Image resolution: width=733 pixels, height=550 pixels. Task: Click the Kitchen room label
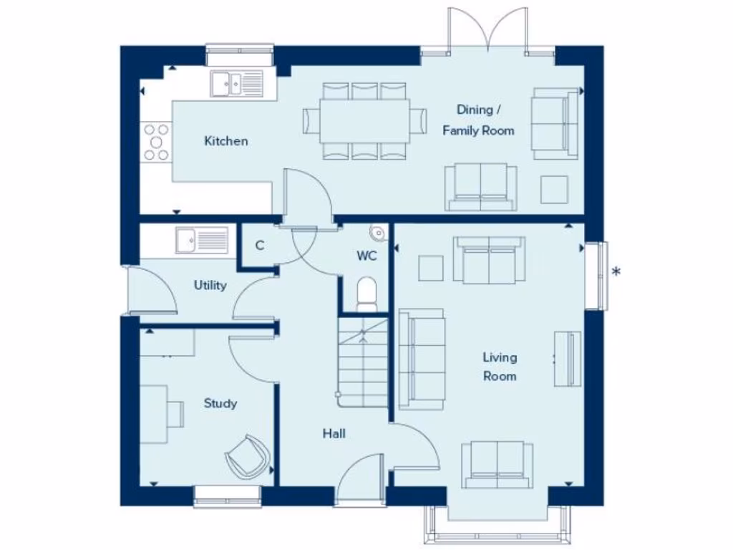point(226,141)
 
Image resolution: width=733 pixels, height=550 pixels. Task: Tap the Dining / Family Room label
point(477,120)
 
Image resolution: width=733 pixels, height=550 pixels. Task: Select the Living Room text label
point(499,367)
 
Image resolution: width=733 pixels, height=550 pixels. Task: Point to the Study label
point(220,403)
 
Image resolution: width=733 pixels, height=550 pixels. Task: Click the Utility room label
point(210,285)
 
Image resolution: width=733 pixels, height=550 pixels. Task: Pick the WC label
point(367,255)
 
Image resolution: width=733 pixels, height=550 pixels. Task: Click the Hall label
point(334,433)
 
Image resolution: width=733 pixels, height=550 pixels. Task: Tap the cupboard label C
point(259,246)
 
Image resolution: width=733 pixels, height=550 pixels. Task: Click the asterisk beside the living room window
point(616,271)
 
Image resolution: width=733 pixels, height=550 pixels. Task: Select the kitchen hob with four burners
point(157,142)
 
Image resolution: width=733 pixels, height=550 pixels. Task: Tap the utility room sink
point(202,240)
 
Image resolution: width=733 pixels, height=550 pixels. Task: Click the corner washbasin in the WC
point(378,233)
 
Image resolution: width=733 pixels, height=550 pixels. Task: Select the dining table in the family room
point(364,120)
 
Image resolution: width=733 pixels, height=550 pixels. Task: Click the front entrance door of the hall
point(360,481)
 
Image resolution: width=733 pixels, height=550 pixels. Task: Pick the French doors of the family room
point(487,32)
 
